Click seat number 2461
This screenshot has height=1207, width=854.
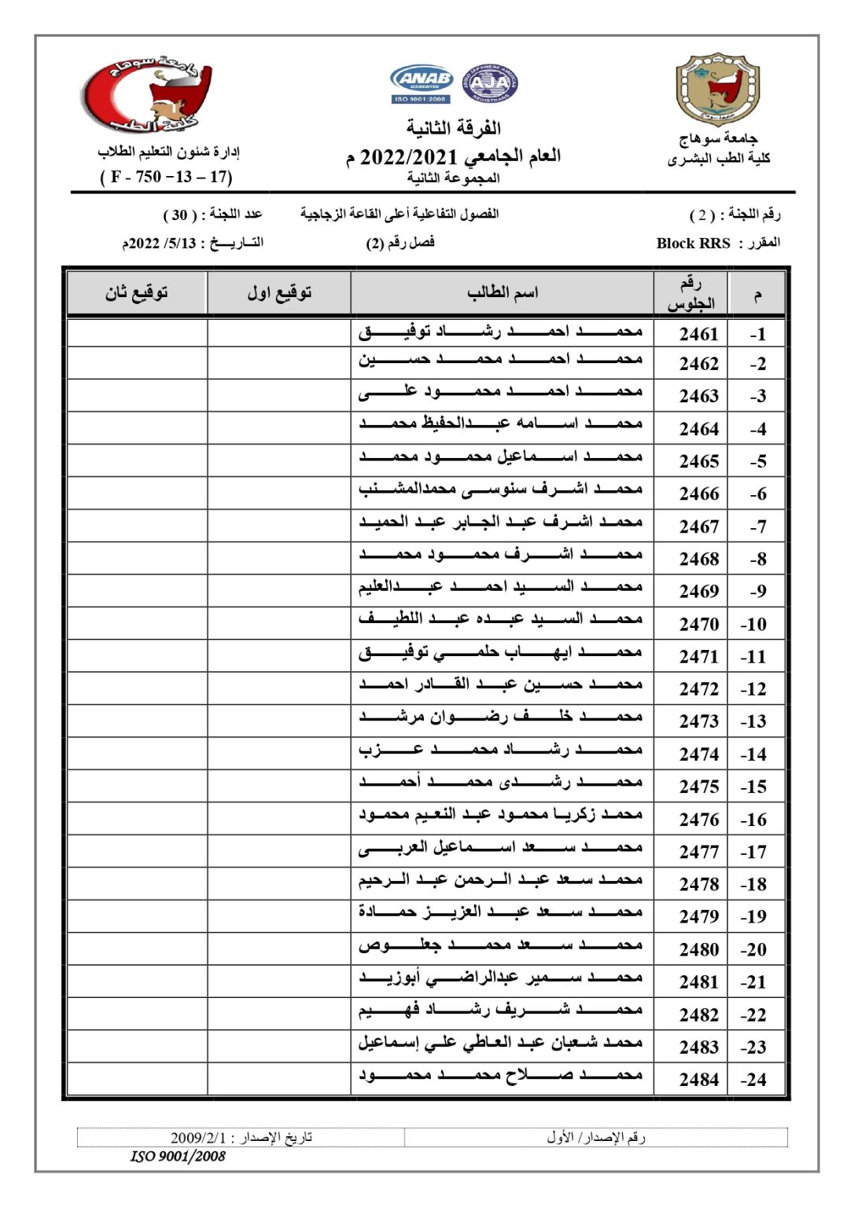tap(698, 334)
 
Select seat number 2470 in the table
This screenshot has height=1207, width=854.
tap(698, 624)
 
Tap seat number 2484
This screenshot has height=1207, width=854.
tap(698, 1080)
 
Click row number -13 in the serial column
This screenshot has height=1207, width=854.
tap(753, 721)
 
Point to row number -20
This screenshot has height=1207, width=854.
tap(753, 949)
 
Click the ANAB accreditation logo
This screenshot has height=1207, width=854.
tap(421, 83)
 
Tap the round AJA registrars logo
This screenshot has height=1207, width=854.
tap(490, 83)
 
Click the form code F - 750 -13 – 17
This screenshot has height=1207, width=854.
tap(166, 177)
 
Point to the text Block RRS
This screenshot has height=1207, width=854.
tap(693, 244)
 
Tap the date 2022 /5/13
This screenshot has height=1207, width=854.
tap(160, 244)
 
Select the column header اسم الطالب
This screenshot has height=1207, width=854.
tap(502, 293)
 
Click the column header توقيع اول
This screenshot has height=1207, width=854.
tap(279, 293)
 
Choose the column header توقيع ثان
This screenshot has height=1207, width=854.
tap(137, 293)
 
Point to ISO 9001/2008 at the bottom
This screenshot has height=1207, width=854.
tap(178, 1156)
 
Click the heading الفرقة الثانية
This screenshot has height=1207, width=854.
tap(454, 127)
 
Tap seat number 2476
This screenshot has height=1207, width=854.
tap(698, 820)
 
